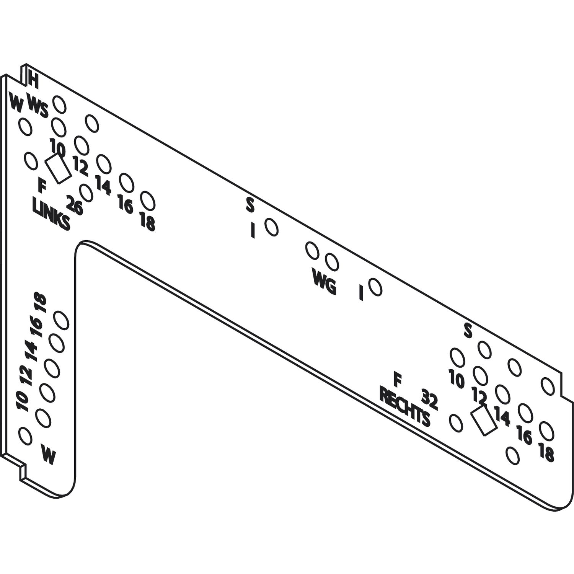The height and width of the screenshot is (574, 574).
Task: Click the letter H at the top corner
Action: click(x=33, y=81)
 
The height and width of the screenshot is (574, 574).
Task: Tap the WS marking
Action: click(x=38, y=107)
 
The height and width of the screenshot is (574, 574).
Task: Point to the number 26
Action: click(x=75, y=205)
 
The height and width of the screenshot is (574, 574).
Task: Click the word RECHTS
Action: click(x=405, y=407)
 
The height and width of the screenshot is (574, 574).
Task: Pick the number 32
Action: click(x=429, y=399)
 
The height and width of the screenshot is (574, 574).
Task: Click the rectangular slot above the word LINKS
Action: click(x=58, y=169)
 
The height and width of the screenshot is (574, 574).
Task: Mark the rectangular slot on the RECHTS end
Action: click(x=484, y=421)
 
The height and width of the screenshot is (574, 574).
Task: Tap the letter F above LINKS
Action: click(x=42, y=186)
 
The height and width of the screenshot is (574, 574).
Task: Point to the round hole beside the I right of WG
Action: click(x=375, y=287)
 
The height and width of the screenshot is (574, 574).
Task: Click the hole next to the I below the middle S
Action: click(x=271, y=227)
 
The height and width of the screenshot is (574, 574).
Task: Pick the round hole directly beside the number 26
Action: click(x=86, y=192)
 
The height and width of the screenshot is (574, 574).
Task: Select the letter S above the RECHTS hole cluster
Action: click(x=468, y=331)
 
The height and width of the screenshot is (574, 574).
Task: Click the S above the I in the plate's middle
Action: click(x=250, y=205)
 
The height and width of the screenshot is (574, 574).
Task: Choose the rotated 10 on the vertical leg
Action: click(x=23, y=401)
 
